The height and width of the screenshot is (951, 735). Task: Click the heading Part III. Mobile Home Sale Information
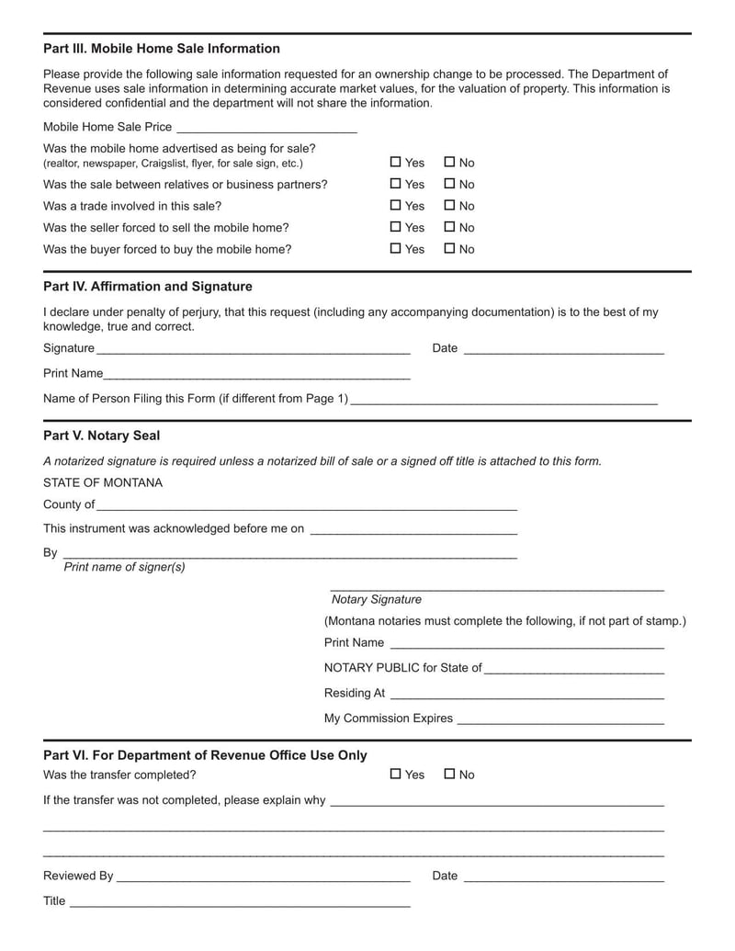pyautogui.click(x=162, y=49)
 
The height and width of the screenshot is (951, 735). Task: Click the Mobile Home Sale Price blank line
pyautogui.click(x=266, y=128)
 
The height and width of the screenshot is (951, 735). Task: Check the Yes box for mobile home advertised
pyautogui.click(x=396, y=162)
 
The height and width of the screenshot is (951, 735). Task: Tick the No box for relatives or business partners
pyautogui.click(x=449, y=184)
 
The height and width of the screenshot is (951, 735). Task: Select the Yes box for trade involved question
pyautogui.click(x=396, y=206)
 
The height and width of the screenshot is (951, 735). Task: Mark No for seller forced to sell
pyautogui.click(x=449, y=227)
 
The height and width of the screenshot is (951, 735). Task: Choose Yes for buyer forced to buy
pyautogui.click(x=396, y=248)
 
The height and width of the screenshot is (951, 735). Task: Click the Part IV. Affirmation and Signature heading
pyautogui.click(x=148, y=287)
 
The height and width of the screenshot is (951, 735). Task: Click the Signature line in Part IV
pyautogui.click(x=253, y=349)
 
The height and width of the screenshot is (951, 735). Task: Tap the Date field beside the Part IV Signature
pyautogui.click(x=563, y=349)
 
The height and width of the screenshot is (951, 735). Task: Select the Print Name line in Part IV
pyautogui.click(x=256, y=375)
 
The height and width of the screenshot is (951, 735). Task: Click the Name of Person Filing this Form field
pyautogui.click(x=503, y=400)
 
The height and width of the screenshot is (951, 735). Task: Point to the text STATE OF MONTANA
pyautogui.click(x=103, y=482)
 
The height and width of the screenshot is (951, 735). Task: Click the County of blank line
pyautogui.click(x=306, y=505)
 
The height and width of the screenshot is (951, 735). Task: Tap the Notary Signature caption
pyautogui.click(x=377, y=599)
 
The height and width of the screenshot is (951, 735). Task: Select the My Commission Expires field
pyautogui.click(x=560, y=719)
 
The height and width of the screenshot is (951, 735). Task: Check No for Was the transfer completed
pyautogui.click(x=449, y=774)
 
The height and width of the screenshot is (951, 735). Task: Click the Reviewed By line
pyautogui.click(x=263, y=877)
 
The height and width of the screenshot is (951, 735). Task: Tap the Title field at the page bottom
pyautogui.click(x=239, y=902)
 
